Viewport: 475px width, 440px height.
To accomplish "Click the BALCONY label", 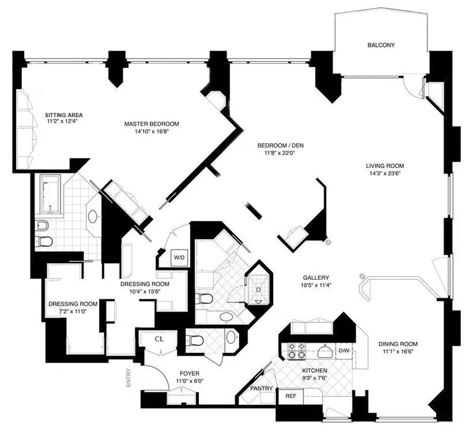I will click(381, 45).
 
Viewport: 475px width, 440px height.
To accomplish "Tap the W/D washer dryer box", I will click(178, 258).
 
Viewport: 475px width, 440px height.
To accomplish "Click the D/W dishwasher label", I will click(344, 351).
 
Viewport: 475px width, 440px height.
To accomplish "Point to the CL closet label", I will click(159, 340).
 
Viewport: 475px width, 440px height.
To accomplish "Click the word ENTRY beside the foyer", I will click(128, 378).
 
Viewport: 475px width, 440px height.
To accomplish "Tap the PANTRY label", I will click(261, 389).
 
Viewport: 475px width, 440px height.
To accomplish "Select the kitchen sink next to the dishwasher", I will click(324, 352).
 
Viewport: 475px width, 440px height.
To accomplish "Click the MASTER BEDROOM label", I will click(151, 124).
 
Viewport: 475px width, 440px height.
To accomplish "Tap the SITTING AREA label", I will click(64, 114).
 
